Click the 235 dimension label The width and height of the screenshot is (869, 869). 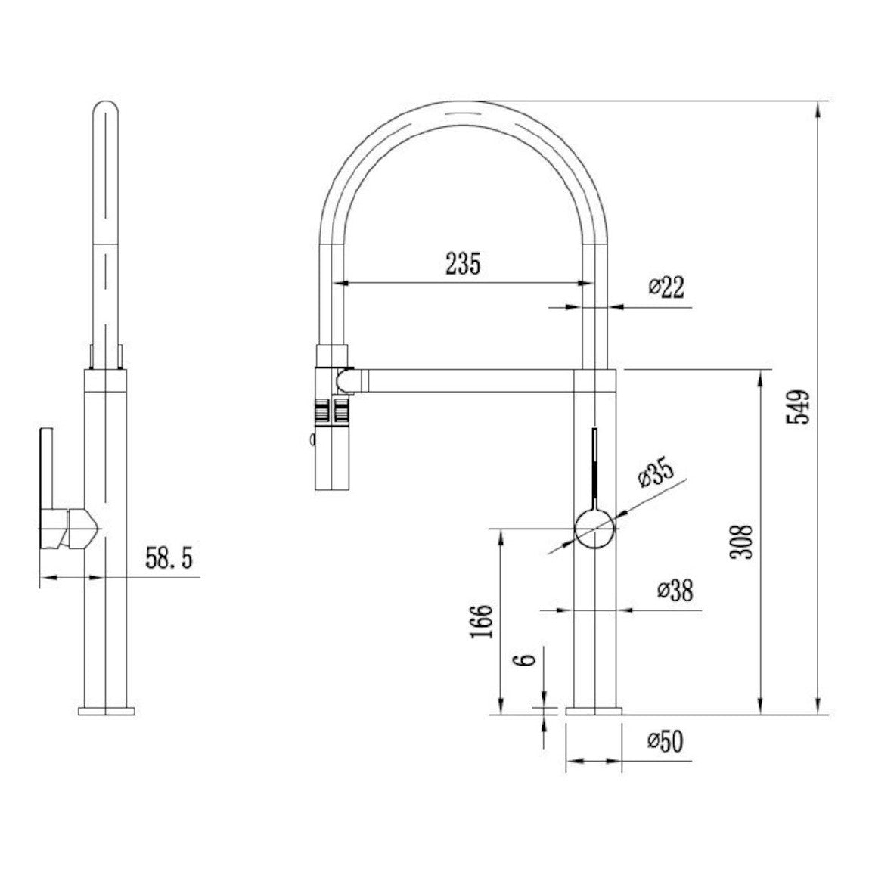464,263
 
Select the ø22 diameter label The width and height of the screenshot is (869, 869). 666,287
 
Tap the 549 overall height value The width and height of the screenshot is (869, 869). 798,408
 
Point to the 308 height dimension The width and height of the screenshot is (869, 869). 741,542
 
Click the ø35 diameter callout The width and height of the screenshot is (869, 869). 656,473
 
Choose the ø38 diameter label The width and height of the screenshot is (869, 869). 675,591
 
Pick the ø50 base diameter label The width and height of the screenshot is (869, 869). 666,741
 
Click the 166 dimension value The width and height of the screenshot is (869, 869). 481,621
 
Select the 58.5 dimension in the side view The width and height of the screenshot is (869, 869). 169,557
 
